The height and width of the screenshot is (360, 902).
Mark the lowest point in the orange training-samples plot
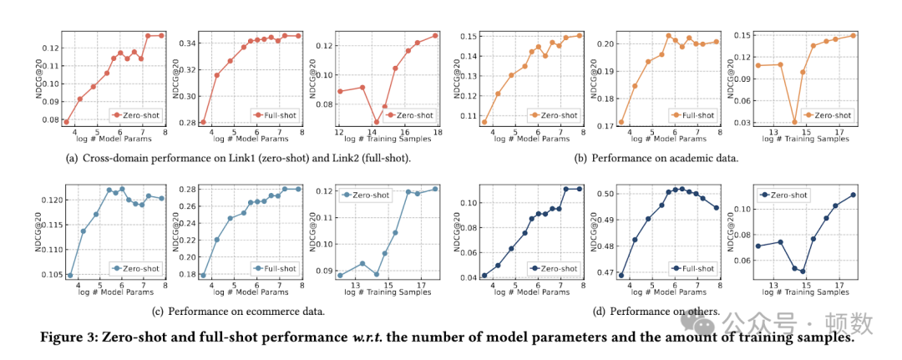pos(794,122)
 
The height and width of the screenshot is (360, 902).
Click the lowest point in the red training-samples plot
pos(377,122)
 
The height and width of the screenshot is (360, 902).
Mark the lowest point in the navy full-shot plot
pos(621,275)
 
